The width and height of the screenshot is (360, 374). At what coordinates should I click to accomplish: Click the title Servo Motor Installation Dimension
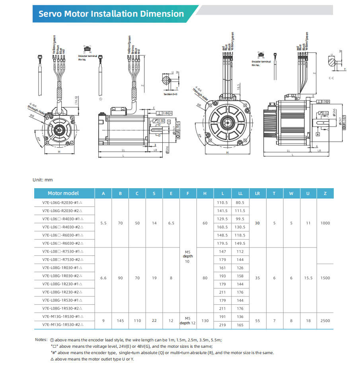click(x=111, y=14)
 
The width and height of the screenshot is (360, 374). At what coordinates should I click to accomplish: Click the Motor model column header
click(x=63, y=193)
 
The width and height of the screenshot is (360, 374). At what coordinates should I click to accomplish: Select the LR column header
click(x=257, y=193)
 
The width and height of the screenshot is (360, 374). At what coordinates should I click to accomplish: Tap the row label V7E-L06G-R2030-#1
click(x=62, y=203)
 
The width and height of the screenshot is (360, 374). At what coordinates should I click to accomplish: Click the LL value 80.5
click(x=240, y=203)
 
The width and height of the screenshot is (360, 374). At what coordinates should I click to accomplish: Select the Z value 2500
click(x=325, y=321)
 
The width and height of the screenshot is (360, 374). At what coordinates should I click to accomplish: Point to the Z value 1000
click(x=325, y=223)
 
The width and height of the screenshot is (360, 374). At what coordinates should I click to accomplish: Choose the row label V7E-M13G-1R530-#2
click(x=62, y=325)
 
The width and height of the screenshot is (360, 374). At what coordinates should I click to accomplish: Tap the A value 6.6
click(x=103, y=278)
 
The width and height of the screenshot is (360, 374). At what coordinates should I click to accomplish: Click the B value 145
click(x=121, y=321)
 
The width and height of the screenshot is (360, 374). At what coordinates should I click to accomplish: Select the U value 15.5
click(x=308, y=278)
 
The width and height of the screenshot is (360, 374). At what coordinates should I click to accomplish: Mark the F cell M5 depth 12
click(x=188, y=321)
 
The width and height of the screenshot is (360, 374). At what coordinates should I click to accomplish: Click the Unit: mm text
click(x=43, y=180)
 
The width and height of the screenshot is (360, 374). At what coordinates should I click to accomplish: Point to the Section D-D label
click(x=171, y=94)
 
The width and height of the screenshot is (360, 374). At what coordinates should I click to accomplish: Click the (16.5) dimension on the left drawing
click(x=76, y=101)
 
